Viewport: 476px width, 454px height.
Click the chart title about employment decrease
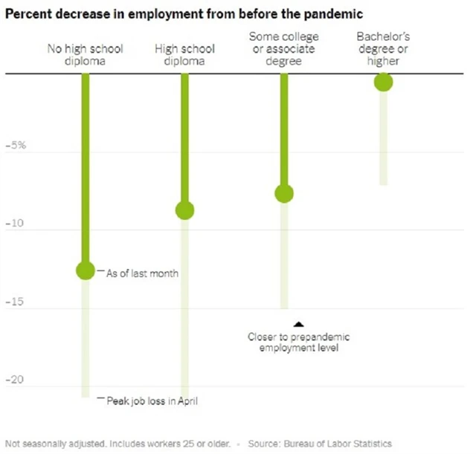[193, 13]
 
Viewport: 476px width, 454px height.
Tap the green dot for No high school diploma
[86, 270]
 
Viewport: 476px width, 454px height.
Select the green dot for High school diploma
[184, 210]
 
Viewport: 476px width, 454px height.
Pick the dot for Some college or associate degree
[284, 193]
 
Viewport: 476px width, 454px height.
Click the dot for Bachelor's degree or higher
[383, 82]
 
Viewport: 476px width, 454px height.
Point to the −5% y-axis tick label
[16, 146]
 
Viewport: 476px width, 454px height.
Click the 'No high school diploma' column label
[86, 54]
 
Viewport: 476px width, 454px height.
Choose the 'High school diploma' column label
[184, 54]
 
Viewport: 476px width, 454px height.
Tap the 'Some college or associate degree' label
[284, 48]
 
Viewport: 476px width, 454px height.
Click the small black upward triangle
[298, 323]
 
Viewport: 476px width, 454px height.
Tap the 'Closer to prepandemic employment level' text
[298, 342]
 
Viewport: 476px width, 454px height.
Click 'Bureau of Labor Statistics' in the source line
[341, 443]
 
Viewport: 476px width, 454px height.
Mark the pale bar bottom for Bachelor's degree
[383, 183]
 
